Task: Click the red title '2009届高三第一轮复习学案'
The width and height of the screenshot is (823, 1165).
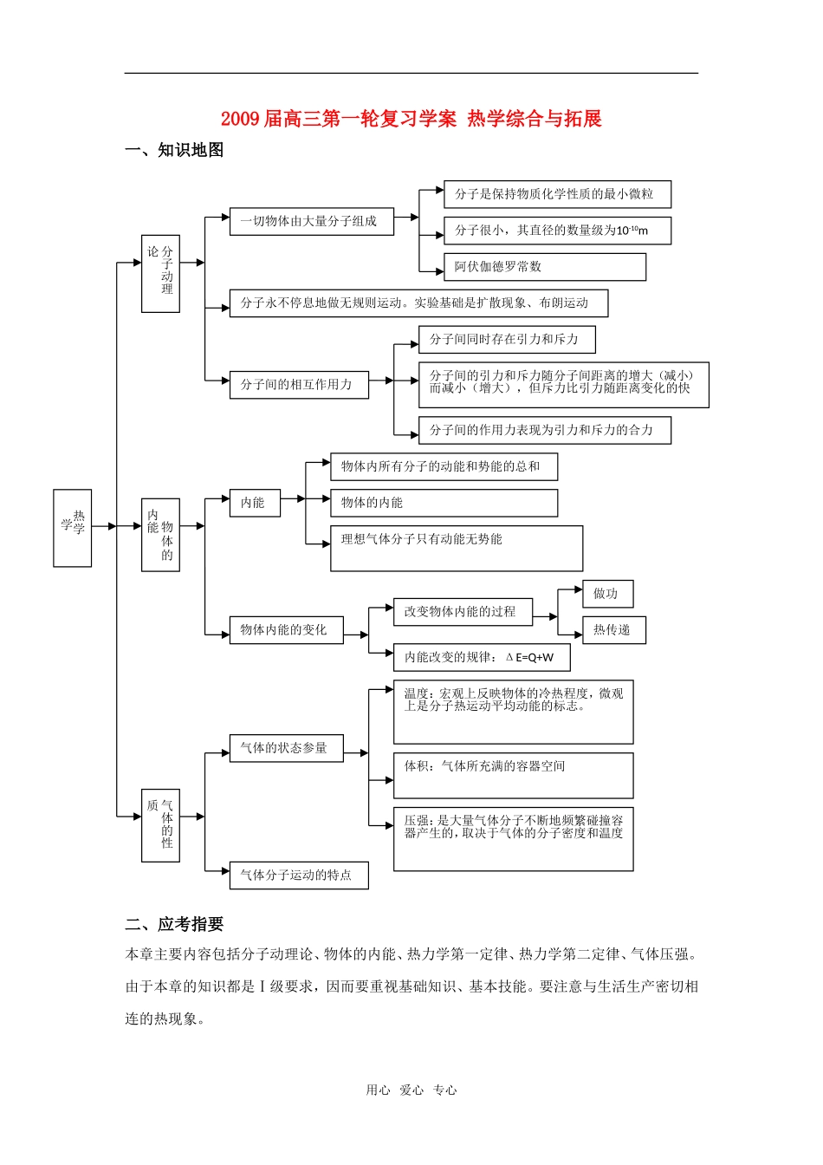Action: tap(338, 119)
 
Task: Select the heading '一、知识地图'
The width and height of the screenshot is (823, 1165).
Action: tap(174, 150)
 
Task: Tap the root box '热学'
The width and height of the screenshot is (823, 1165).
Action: tap(73, 527)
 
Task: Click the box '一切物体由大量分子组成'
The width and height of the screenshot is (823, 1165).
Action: tap(311, 221)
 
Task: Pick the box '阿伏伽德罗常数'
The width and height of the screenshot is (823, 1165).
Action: tap(544, 267)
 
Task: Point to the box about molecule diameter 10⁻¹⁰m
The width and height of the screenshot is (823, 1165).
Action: tap(557, 231)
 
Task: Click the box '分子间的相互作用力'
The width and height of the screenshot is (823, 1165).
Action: tap(299, 385)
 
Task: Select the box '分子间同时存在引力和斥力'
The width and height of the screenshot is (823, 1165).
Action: tap(507, 340)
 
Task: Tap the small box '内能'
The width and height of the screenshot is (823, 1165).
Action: tap(255, 503)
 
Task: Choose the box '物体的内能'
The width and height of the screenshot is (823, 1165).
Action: tap(444, 503)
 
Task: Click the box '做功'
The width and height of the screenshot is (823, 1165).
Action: tap(607, 594)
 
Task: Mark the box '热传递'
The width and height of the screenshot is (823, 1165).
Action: tap(613, 630)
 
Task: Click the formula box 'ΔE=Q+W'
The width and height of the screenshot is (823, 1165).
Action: tap(482, 657)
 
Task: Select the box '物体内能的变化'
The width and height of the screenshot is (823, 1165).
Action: tap(286, 630)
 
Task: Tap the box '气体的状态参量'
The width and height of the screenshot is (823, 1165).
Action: tap(286, 748)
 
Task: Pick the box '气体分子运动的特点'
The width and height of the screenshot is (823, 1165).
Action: tap(299, 875)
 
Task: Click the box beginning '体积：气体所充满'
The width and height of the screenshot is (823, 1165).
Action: tap(513, 775)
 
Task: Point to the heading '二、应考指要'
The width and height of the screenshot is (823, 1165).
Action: tap(174, 924)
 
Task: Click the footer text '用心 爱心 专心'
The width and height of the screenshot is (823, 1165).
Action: tap(411, 1090)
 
